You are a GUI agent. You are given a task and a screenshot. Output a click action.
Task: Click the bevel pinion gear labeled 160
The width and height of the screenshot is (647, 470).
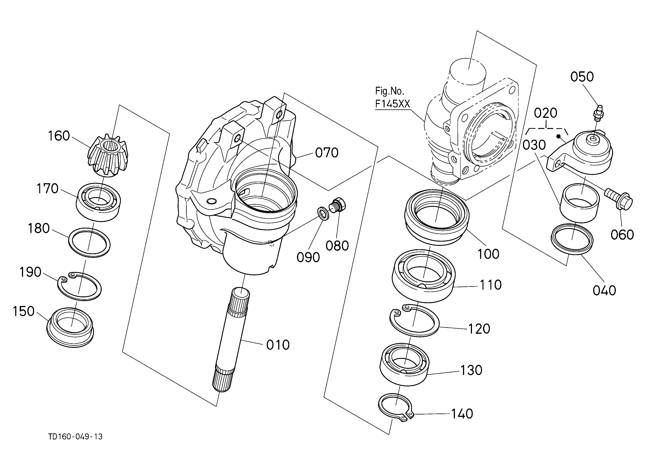(108, 156)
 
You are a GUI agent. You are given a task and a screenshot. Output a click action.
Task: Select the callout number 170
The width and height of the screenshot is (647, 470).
(47, 189)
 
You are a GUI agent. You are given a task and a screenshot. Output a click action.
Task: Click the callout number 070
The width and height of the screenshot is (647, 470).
(327, 153)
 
